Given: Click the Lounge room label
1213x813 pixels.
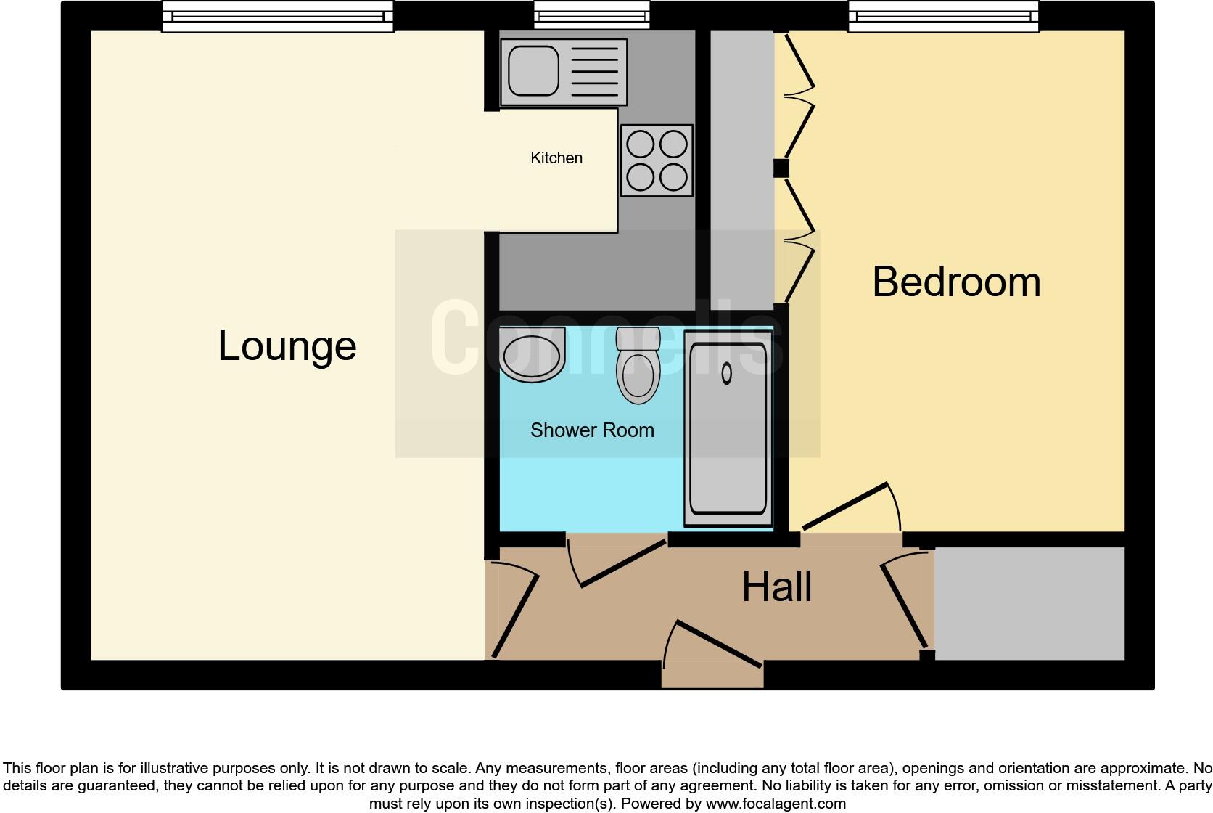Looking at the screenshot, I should (x=287, y=346).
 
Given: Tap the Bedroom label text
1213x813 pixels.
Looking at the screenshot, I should (x=956, y=282).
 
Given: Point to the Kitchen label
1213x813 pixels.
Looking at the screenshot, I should (x=556, y=158).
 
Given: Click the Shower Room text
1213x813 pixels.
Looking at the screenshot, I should (x=592, y=430).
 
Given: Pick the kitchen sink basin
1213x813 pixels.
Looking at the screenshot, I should (x=533, y=72).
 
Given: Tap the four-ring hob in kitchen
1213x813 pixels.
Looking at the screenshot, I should (x=657, y=160).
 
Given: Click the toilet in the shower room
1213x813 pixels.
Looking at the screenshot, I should (x=638, y=367).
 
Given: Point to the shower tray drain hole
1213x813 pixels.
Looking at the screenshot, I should (x=727, y=373).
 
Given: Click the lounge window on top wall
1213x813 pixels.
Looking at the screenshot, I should (x=277, y=16).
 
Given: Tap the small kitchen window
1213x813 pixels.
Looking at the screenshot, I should (x=591, y=15).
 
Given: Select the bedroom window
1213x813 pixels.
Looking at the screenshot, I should (x=943, y=16).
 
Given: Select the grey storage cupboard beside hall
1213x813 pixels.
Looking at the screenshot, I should (x=1029, y=603).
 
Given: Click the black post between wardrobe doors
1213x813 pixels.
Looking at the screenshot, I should (x=781, y=168).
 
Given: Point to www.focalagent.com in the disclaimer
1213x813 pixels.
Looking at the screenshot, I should (x=775, y=804).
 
